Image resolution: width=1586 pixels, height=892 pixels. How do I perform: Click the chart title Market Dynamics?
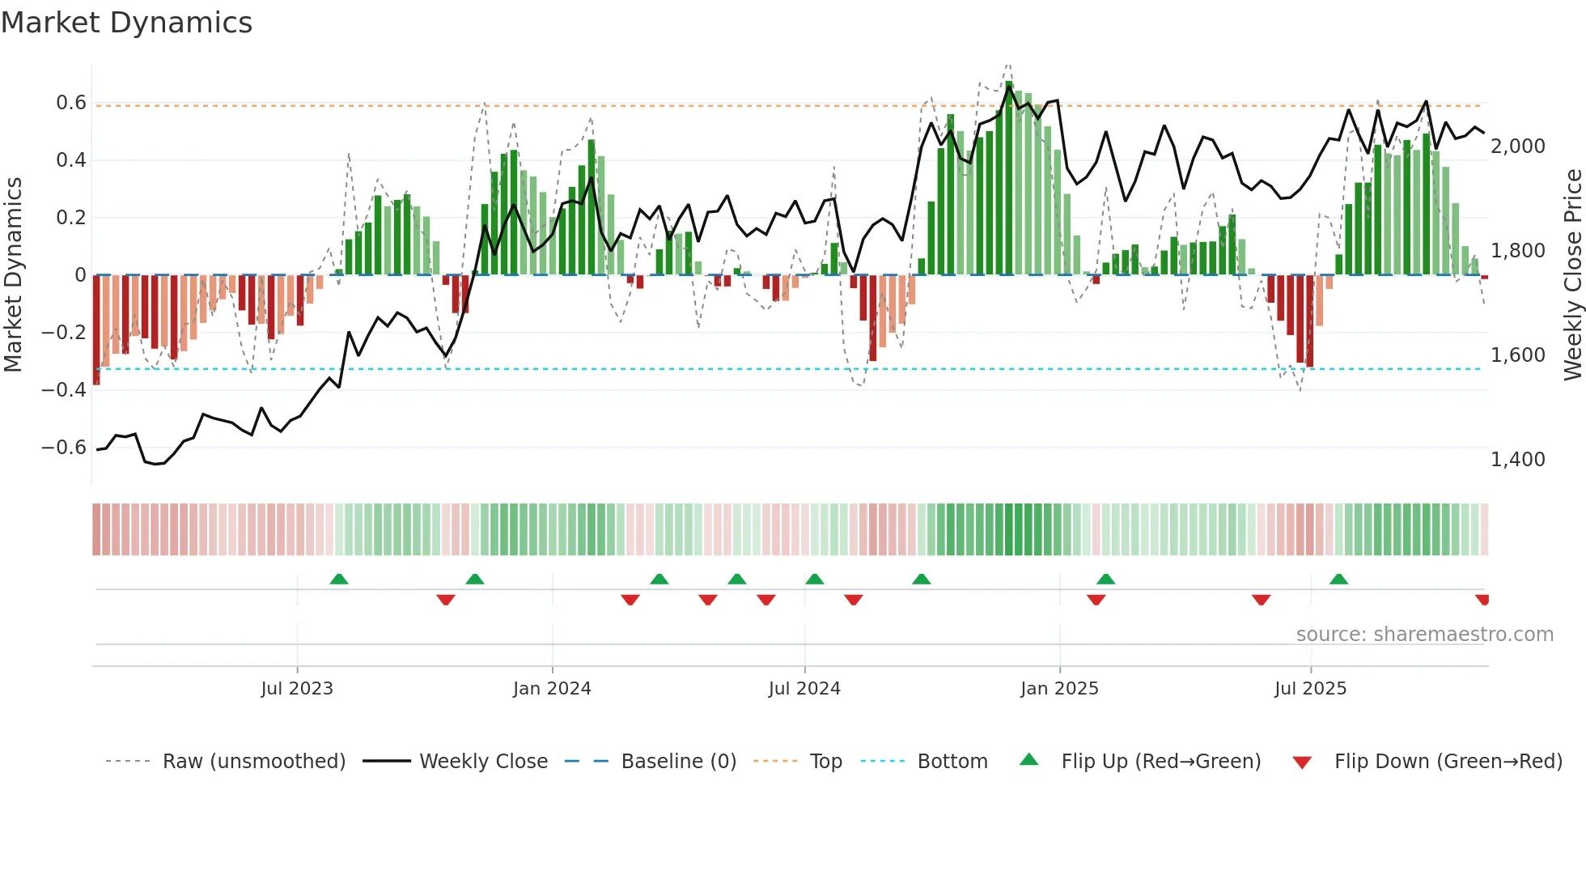point(126,23)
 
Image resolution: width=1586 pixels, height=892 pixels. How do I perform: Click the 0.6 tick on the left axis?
point(71,103)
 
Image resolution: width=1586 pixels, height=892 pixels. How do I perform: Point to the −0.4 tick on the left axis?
point(64,389)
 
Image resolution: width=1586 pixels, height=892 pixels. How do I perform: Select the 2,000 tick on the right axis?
point(1518,147)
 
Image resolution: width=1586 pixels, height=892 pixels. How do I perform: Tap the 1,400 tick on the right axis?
point(1518,460)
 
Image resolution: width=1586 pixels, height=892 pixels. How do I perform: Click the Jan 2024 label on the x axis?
point(552,689)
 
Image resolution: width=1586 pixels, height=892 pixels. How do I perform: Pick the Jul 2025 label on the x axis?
point(1310,689)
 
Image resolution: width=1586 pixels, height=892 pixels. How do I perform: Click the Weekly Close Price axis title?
point(1572,275)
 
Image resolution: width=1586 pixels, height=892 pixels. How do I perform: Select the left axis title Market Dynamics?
point(13,275)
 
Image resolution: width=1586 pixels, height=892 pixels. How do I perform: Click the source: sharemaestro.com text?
point(1424,635)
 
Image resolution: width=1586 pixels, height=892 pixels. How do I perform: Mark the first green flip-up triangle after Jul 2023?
point(339,580)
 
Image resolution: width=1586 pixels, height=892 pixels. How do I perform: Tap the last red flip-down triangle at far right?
point(1482,600)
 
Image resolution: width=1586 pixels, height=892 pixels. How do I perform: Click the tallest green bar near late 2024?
point(1009,178)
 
